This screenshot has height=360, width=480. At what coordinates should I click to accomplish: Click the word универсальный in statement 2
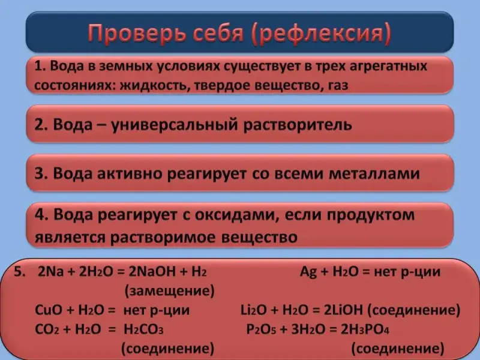[174, 125]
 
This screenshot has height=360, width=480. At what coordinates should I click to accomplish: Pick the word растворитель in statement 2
[298, 125]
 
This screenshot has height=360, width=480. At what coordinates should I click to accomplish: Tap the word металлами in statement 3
[374, 173]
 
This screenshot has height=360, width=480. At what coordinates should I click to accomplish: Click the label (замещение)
[170, 291]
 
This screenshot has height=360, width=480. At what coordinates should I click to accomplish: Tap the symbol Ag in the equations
[308, 272]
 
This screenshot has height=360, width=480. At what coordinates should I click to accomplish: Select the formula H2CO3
[143, 329]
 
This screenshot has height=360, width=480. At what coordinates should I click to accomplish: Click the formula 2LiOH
[343, 310]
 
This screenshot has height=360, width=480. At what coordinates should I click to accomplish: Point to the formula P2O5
[261, 329]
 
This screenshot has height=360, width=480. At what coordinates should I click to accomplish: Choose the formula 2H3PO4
[365, 329]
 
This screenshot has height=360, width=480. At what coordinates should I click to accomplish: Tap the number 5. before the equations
[20, 272]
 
